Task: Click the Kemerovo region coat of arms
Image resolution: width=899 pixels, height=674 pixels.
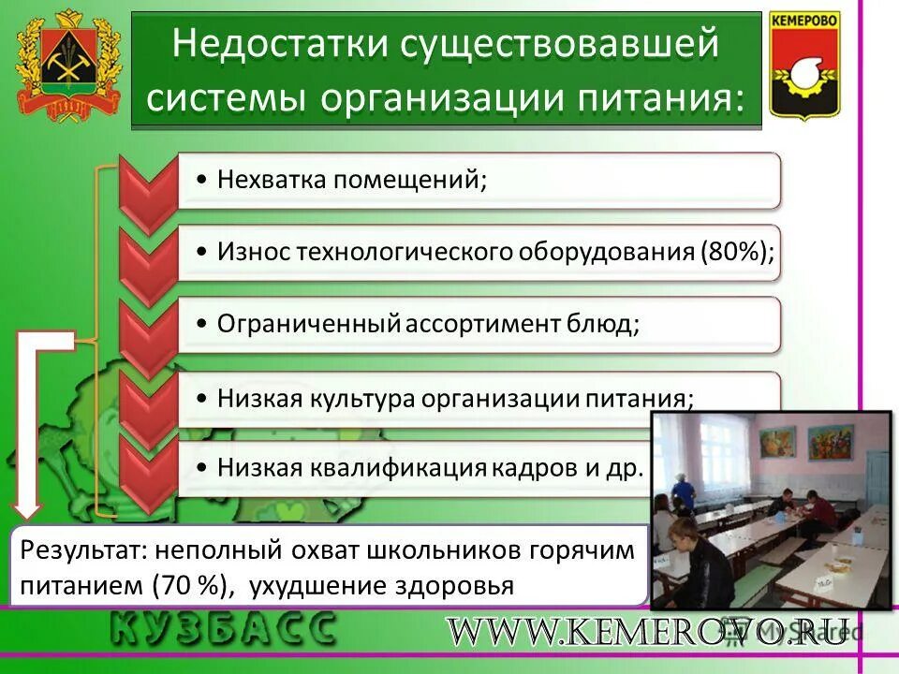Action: click(x=68, y=66)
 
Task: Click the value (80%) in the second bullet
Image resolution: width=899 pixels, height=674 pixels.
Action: click(x=737, y=251)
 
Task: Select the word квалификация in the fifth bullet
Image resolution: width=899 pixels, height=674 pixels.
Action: click(x=410, y=466)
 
